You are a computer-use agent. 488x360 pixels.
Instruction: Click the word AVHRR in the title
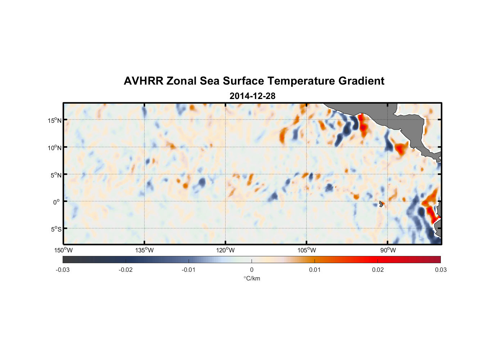tap(143, 81)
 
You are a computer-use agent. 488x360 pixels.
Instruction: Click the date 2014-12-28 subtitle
tap(252, 96)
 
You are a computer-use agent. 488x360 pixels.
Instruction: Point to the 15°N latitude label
tap(55, 120)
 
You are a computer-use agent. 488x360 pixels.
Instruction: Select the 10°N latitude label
tap(55, 148)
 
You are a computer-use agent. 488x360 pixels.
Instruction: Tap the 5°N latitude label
tap(56, 175)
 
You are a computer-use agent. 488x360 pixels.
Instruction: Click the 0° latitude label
tap(57, 202)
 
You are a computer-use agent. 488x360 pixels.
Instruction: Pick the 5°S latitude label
tap(56, 229)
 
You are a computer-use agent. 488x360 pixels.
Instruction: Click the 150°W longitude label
tap(63, 250)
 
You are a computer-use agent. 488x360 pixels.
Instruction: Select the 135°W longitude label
tap(144, 250)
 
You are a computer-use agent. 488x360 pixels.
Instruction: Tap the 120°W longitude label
tap(226, 250)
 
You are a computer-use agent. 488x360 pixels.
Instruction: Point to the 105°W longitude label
tap(307, 250)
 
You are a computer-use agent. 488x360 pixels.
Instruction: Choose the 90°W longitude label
tap(388, 250)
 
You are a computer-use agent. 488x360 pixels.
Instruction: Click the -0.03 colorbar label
tap(63, 270)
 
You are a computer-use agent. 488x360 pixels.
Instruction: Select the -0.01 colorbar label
tap(188, 270)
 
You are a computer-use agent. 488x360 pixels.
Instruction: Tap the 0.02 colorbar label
tap(378, 270)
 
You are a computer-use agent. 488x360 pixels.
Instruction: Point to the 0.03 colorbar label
tap(441, 270)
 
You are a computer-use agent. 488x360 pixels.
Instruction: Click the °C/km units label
tap(252, 278)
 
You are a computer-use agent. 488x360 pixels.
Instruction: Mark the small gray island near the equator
tap(381, 204)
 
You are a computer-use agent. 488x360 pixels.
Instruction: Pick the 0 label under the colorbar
tap(252, 270)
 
